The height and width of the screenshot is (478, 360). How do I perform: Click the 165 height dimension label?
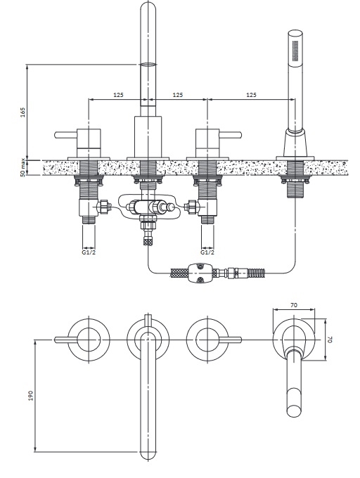tap(23, 112)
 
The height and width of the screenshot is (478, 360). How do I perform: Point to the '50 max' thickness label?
tap(22, 168)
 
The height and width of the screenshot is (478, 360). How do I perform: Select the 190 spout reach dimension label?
tap(31, 395)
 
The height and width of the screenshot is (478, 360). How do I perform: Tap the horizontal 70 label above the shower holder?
tap(294, 304)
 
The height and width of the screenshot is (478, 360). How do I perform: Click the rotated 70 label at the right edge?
tap(330, 340)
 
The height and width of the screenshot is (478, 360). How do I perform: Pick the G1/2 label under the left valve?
tap(89, 252)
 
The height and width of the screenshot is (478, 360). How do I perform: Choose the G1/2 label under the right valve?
tap(207, 252)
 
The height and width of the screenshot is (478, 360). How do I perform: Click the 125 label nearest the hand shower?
tap(251, 95)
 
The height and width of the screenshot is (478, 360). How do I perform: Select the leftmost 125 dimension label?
tap(118, 95)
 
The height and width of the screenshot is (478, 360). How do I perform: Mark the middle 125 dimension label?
tap(178, 95)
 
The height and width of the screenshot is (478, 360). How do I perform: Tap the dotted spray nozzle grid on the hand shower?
tap(295, 50)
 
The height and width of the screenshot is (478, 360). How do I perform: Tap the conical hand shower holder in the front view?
tap(295, 143)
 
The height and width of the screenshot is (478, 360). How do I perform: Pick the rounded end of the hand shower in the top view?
tap(295, 411)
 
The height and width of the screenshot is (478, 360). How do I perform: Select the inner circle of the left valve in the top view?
tap(89, 340)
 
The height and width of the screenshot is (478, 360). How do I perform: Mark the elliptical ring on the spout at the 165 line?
tap(148, 65)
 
